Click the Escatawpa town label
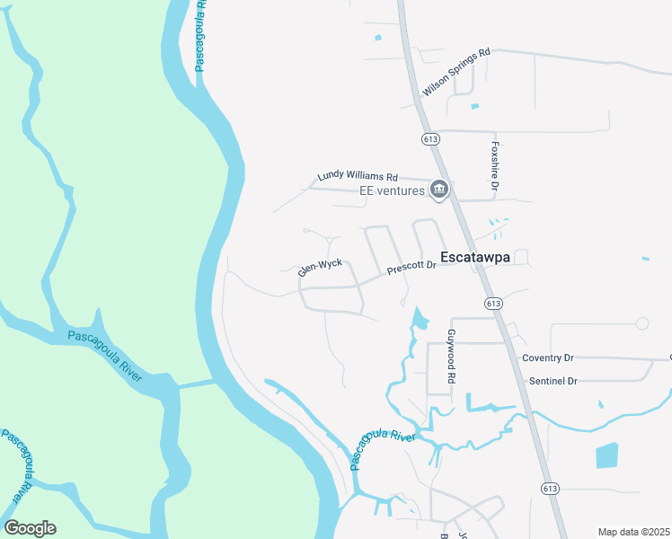pyautogui.click(x=473, y=257)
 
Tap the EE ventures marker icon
pyautogui.click(x=439, y=189)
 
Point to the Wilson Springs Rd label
pyautogui.click(x=456, y=73)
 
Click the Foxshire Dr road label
pyautogui.click(x=494, y=166)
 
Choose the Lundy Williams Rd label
pyautogui.click(x=357, y=177)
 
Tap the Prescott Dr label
pyautogui.click(x=411, y=267)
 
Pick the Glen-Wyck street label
pyautogui.click(x=321, y=268)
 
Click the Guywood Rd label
pyautogui.click(x=451, y=358)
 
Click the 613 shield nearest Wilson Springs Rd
pyautogui.click(x=429, y=139)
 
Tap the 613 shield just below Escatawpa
pyautogui.click(x=492, y=304)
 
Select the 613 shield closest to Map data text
pyautogui.click(x=551, y=487)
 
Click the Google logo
pyautogui.click(x=30, y=528)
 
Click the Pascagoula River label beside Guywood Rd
pyautogui.click(x=381, y=446)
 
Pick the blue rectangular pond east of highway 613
pyautogui.click(x=607, y=455)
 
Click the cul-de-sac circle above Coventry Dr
pyautogui.click(x=641, y=323)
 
